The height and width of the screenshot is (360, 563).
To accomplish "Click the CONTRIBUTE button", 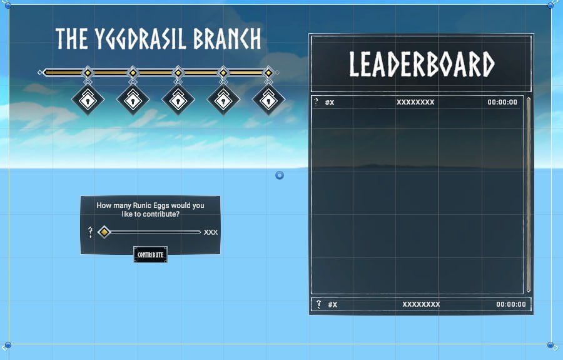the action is click(150, 254).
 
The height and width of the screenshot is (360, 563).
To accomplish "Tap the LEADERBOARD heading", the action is click(422, 64).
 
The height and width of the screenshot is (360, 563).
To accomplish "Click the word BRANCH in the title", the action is click(227, 38).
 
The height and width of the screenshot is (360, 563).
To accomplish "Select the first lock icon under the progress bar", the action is click(88, 100).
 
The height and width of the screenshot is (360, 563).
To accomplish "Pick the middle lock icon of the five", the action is click(178, 100).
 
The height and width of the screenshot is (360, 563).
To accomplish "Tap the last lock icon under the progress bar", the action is click(268, 100).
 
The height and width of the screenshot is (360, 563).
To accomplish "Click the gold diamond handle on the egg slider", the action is click(104, 232).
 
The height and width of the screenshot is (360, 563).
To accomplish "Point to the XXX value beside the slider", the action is click(211, 232).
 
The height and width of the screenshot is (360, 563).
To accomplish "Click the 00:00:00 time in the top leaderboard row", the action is click(502, 102).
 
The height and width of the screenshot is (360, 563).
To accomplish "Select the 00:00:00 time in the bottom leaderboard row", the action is click(511, 304).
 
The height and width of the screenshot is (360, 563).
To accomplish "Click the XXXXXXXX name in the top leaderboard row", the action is click(415, 102).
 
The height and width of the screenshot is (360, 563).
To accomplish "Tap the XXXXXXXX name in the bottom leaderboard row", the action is click(421, 304).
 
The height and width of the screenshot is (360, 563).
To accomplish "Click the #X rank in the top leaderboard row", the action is click(330, 103).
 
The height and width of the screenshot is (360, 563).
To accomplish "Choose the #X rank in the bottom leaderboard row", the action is click(333, 305).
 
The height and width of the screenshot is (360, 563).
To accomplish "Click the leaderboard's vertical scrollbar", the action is click(529, 194).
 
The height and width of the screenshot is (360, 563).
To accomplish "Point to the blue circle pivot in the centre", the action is click(280, 175).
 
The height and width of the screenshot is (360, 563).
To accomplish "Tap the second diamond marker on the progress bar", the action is click(133, 73).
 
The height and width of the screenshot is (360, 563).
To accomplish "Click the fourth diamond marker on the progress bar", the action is click(223, 73).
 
